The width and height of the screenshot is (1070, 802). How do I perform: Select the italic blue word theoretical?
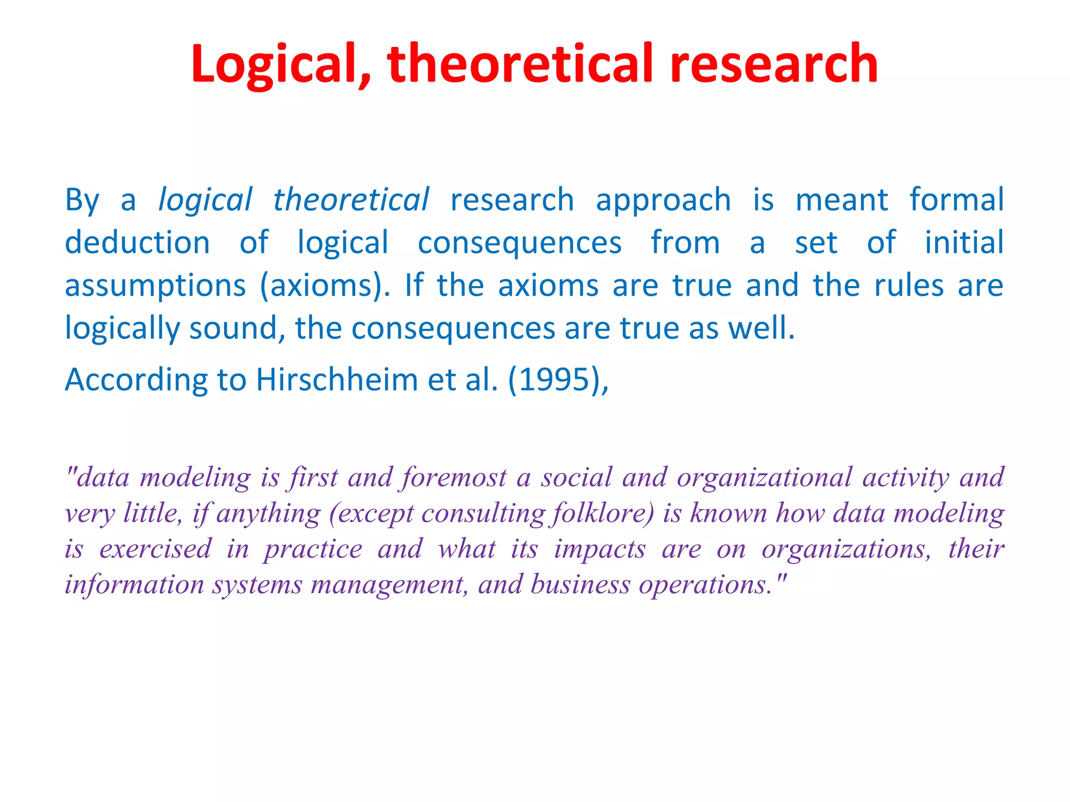point(351,200)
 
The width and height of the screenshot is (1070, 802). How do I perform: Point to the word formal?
point(956,200)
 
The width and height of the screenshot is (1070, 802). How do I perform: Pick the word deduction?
point(137,243)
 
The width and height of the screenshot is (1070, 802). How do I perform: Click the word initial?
point(964,243)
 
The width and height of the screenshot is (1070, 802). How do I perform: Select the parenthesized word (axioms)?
point(324,286)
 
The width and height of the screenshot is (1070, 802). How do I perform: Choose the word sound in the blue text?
point(234,329)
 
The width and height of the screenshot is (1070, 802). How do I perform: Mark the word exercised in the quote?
point(155,549)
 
